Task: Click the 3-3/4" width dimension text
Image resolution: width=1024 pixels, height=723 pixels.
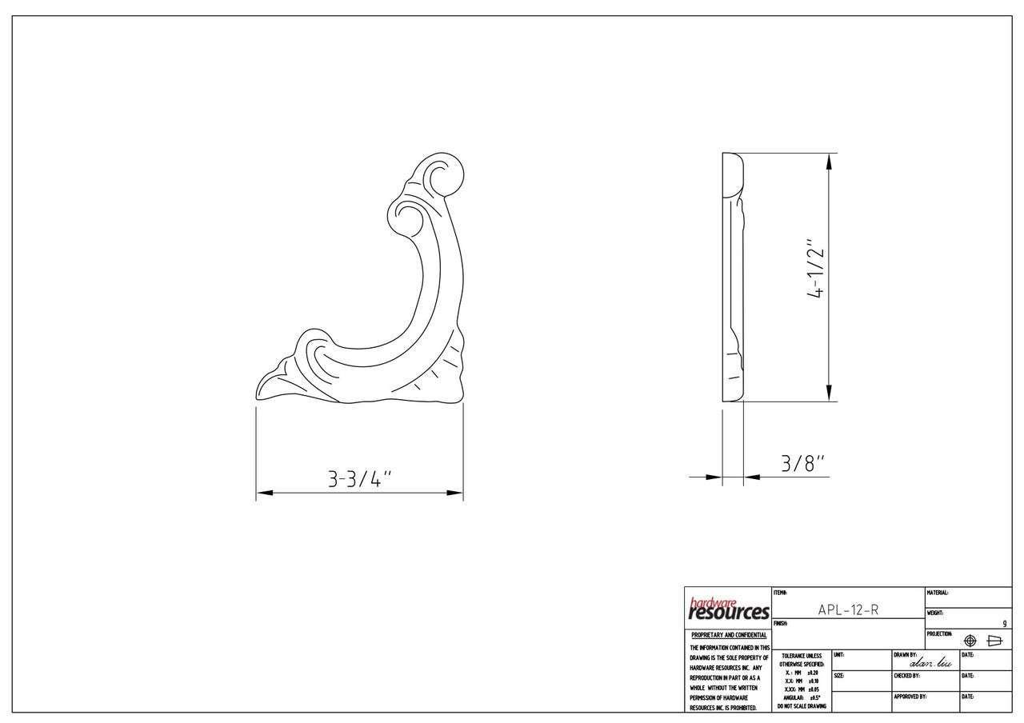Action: click(x=359, y=478)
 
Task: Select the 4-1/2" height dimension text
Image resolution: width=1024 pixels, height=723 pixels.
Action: click(x=814, y=268)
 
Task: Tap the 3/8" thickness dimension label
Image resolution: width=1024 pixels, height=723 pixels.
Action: click(x=802, y=463)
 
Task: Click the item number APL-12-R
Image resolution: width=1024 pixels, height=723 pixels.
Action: click(x=848, y=609)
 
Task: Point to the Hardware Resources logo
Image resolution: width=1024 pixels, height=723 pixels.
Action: click(x=728, y=609)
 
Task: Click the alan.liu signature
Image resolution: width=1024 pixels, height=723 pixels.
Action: click(x=930, y=662)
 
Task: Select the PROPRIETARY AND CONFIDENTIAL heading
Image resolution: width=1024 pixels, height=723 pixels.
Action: click(x=728, y=635)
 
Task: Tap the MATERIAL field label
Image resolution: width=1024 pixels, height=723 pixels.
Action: click(x=938, y=593)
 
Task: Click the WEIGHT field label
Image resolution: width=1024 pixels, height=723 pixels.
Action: click(x=935, y=613)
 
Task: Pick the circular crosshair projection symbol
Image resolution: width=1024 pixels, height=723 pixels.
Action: click(x=970, y=641)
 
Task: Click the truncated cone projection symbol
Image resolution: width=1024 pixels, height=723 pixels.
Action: click(x=995, y=641)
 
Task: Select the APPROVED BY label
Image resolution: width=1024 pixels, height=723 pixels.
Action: click(x=910, y=697)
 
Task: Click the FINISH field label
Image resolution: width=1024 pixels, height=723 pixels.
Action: click(x=781, y=623)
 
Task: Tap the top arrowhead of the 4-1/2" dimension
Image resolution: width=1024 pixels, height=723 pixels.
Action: click(x=829, y=161)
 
